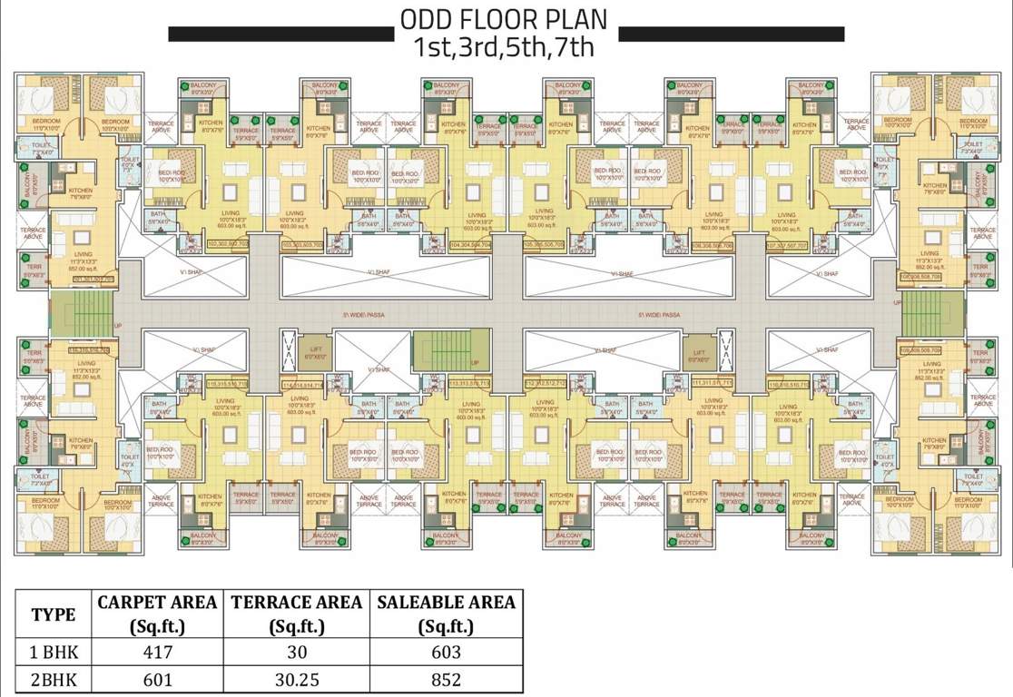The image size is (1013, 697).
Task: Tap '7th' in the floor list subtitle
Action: pyautogui.click(x=574, y=47)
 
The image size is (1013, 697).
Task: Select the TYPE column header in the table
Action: pyautogui.click(x=54, y=614)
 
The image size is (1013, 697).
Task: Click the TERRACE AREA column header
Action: pyautogui.click(x=296, y=614)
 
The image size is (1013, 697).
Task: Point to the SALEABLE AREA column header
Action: pyautogui.click(x=446, y=614)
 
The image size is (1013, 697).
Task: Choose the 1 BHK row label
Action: pyautogui.click(x=54, y=653)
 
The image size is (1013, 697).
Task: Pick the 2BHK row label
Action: pyautogui.click(x=54, y=680)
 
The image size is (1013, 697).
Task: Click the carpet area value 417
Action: pyautogui.click(x=157, y=653)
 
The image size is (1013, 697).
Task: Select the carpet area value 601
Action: pyautogui.click(x=157, y=680)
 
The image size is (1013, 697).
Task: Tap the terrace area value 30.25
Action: pyautogui.click(x=296, y=680)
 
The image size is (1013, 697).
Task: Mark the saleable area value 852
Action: pyautogui.click(x=446, y=680)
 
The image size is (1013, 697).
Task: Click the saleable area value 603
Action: pyautogui.click(x=446, y=653)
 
